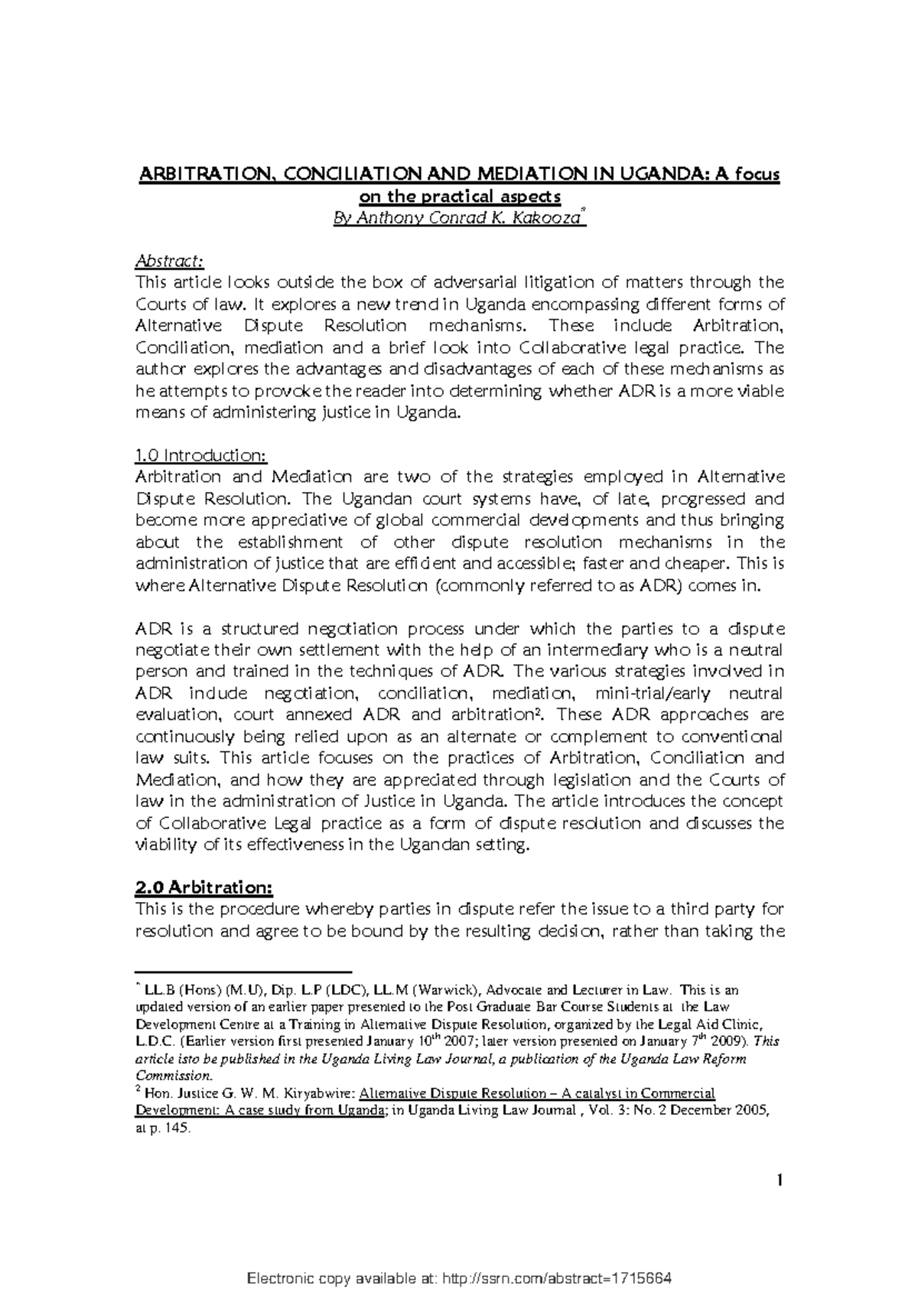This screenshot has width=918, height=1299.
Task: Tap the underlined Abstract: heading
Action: [169, 261]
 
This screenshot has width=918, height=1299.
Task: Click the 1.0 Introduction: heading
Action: [200, 455]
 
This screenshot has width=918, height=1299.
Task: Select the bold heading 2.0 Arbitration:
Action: [203, 887]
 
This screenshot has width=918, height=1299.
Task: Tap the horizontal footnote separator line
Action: [243, 969]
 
